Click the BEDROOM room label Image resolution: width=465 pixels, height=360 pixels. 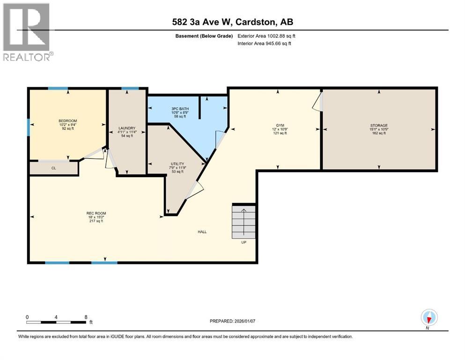point(68,121)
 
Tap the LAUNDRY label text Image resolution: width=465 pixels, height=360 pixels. point(127,128)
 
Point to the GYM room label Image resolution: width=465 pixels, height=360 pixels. point(280,125)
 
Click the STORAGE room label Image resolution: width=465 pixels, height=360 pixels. point(379,125)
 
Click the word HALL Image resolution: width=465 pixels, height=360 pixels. point(202,232)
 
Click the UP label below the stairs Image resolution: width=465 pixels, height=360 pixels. point(244,242)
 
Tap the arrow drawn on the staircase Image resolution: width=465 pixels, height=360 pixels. point(244,220)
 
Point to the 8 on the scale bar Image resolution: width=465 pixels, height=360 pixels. point(86,317)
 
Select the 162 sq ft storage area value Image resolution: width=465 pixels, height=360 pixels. point(379,133)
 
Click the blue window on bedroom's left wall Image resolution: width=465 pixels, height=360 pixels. point(29,127)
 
